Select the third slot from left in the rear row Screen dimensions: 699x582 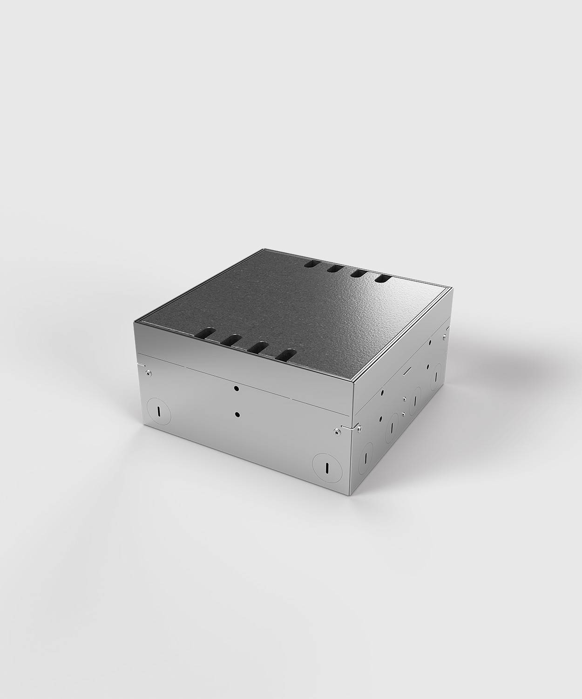[x=358, y=274]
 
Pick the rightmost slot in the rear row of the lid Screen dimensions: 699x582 [x=383, y=279]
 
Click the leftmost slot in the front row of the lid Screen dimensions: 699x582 [x=205, y=333]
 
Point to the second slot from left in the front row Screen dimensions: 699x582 [x=231, y=341]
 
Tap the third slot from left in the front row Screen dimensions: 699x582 [x=257, y=348]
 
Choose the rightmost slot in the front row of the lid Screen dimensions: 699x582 [x=285, y=355]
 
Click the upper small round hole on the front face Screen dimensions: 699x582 [x=237, y=388]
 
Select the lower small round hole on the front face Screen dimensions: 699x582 [x=237, y=414]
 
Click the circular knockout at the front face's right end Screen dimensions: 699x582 [x=326, y=466]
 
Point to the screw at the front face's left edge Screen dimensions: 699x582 [x=147, y=373]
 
